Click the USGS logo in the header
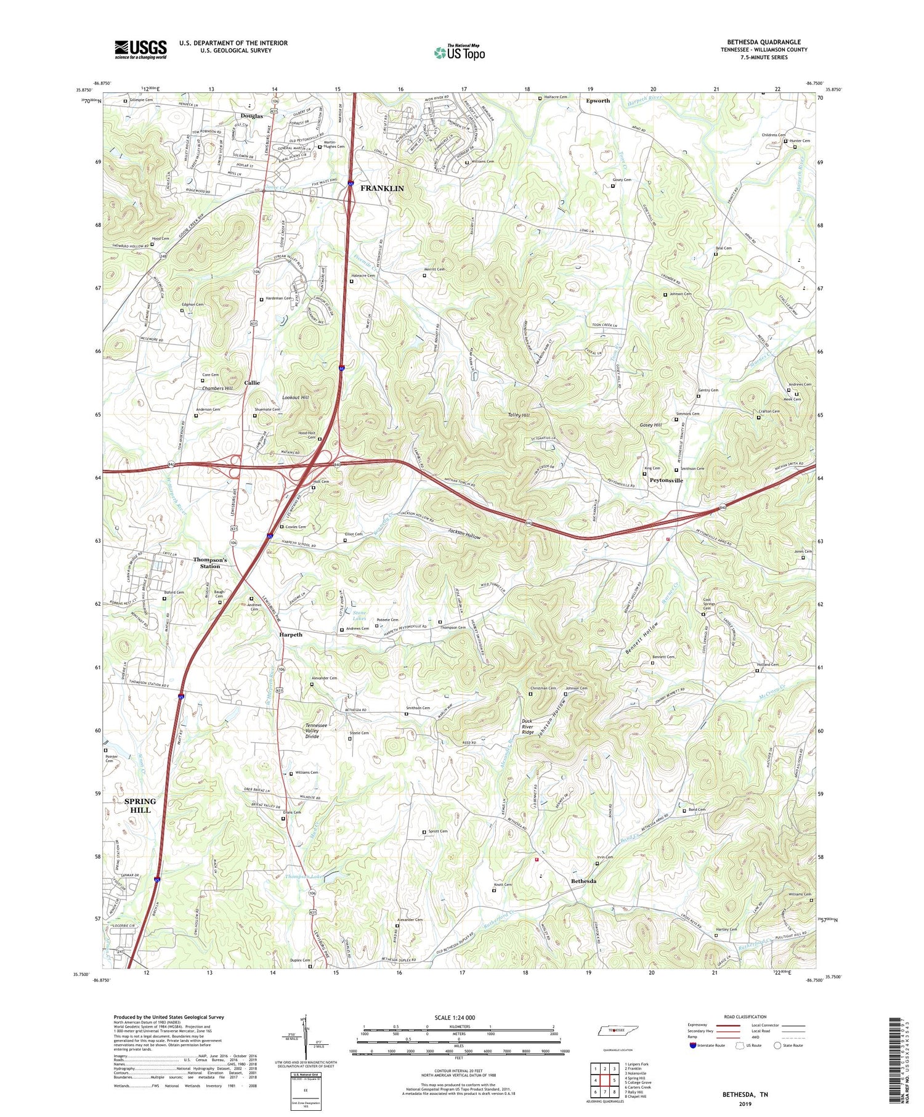tap(140, 49)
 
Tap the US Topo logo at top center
tap(459, 53)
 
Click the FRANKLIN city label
tap(382, 188)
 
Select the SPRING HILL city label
tap(140, 805)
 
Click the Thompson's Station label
tap(210, 563)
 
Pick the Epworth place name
tap(598, 100)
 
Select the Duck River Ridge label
tap(528, 726)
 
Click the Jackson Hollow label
tap(464, 534)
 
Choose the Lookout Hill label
tap(295, 398)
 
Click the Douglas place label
tap(251, 116)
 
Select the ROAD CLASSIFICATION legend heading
tap(745, 1017)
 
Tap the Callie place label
tap(252, 383)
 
